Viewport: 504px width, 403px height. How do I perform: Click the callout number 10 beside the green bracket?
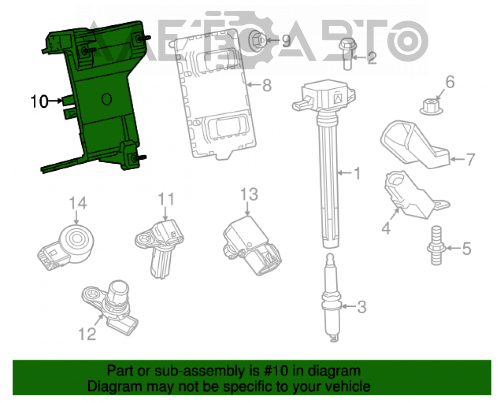[39, 101]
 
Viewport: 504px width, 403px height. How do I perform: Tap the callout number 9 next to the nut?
[286, 41]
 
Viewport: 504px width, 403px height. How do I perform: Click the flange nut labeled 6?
[431, 107]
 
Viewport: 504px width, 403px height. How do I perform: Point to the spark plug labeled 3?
[332, 298]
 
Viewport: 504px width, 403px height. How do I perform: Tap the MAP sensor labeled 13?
[253, 245]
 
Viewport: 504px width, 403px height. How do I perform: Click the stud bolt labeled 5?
[436, 246]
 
